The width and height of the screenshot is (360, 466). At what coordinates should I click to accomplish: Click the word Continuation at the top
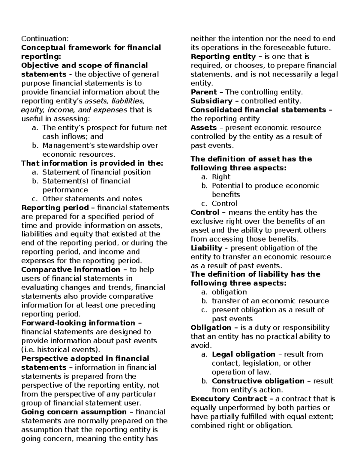(x=44, y=39)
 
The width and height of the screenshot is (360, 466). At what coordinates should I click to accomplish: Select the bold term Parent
(x=204, y=92)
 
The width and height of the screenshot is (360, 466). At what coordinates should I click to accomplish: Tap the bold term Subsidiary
(x=211, y=101)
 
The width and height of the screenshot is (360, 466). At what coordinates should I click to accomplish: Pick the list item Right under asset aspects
(x=221, y=177)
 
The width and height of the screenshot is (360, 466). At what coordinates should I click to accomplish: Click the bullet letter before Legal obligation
(x=204, y=355)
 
